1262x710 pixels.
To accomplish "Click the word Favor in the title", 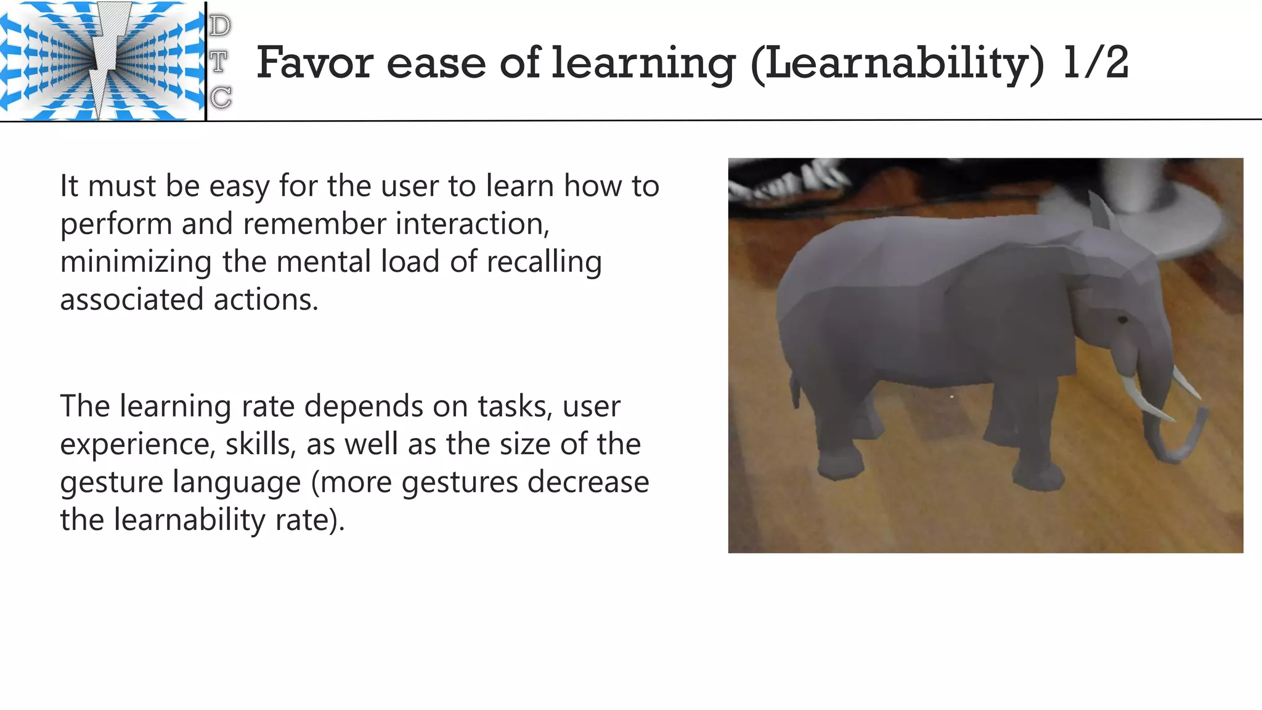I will (315, 63).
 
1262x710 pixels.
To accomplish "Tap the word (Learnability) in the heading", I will (897, 64).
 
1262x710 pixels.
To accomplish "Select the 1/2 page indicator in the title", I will (1096, 63).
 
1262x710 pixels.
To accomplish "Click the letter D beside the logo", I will (220, 27).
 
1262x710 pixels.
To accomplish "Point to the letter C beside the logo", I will (221, 97).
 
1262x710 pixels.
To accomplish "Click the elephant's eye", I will (1122, 320).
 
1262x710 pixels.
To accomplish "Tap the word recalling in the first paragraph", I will (544, 262).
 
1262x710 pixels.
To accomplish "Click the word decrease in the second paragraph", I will (588, 482).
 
